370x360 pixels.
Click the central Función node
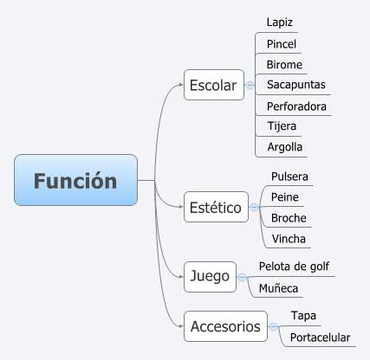(x=75, y=181)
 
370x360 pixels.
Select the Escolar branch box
(x=213, y=85)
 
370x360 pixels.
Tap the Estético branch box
(x=215, y=208)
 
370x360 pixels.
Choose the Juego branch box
(x=209, y=276)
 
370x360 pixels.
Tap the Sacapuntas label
(x=295, y=85)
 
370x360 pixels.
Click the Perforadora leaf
(x=298, y=106)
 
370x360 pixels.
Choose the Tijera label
(x=282, y=126)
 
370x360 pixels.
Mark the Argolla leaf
(x=285, y=147)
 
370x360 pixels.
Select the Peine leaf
(x=284, y=197)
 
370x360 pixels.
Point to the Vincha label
(x=288, y=239)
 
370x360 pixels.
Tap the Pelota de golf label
(x=294, y=266)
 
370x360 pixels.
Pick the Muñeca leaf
(x=278, y=286)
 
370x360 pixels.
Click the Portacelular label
(x=320, y=337)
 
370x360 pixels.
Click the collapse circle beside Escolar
(x=250, y=85)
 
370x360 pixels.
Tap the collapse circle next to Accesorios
(x=273, y=326)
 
